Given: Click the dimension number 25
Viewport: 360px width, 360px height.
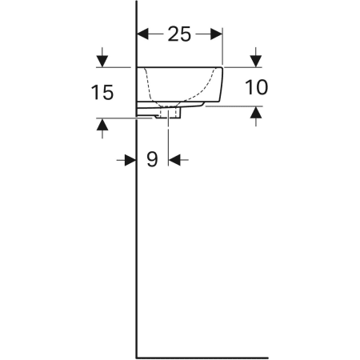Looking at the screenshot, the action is tap(179, 34).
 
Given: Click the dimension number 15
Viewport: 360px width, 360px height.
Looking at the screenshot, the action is tap(102, 92).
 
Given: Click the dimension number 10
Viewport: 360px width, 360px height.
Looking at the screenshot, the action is tap(256, 87).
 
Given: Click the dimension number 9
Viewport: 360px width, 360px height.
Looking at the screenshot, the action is tap(152, 159).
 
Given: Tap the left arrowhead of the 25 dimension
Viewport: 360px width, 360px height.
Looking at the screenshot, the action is tap(142, 34).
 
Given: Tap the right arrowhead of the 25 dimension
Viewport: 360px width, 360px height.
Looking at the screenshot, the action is tap(216, 34).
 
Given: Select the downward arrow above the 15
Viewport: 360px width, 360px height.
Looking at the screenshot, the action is tap(102, 58).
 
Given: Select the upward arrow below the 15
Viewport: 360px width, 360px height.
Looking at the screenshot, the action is tap(102, 128).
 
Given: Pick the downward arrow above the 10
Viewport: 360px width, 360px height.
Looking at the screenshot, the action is tap(256, 58).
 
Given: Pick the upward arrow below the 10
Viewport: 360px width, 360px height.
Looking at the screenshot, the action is tap(256, 116).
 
